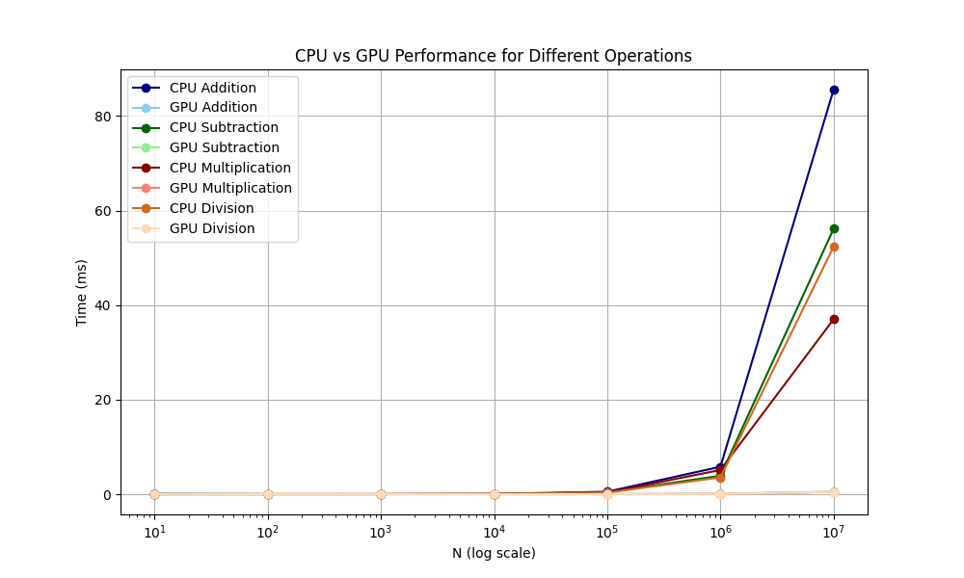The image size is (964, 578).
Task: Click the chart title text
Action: coord(493,56)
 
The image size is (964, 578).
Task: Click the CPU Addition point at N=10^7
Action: coord(834,90)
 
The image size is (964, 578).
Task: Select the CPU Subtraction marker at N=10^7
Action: coord(834,228)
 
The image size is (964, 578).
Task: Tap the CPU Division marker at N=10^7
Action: coord(834,247)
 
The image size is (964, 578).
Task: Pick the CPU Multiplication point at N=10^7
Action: coord(834,319)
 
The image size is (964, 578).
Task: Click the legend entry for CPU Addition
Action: coord(212,88)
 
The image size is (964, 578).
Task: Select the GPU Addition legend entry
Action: coord(212,108)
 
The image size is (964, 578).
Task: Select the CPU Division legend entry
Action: coord(211,209)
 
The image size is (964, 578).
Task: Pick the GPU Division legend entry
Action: coord(211,229)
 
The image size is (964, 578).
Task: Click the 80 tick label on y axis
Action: coord(102,117)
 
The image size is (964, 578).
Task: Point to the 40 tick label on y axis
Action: coord(102,306)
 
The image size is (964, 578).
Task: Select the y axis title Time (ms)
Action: coord(82,292)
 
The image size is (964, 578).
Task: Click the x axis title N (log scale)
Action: coord(494,554)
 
